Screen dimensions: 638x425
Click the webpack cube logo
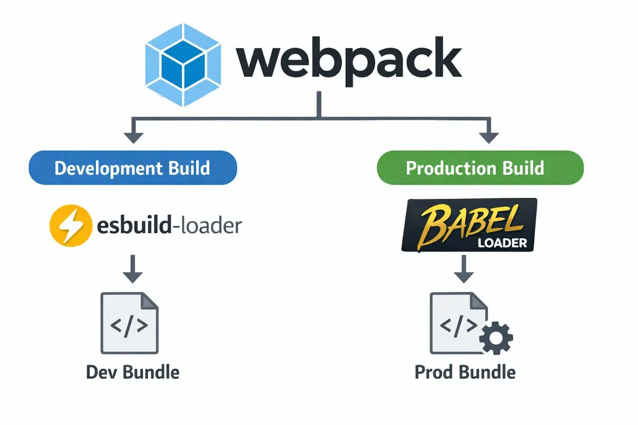(183, 65)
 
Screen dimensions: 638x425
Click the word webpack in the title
(348, 61)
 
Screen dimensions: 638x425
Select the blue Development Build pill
(133, 168)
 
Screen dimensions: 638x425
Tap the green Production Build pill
(480, 168)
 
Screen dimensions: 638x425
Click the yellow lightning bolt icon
(71, 225)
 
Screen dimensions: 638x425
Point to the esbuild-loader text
(169, 226)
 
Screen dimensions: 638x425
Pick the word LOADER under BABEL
(502, 243)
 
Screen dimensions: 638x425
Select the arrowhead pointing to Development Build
(133, 138)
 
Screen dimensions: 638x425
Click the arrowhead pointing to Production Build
(489, 138)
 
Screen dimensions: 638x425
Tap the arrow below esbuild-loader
(133, 269)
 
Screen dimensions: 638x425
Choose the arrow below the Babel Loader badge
(464, 269)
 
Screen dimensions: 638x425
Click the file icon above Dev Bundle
(130, 323)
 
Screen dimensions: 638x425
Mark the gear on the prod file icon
(496, 338)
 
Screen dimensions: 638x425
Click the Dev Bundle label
(133, 372)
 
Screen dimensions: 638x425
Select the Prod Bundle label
(465, 372)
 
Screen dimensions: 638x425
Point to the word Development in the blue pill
(108, 168)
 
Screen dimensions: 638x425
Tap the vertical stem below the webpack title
(319, 104)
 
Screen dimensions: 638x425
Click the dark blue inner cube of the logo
(183, 65)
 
